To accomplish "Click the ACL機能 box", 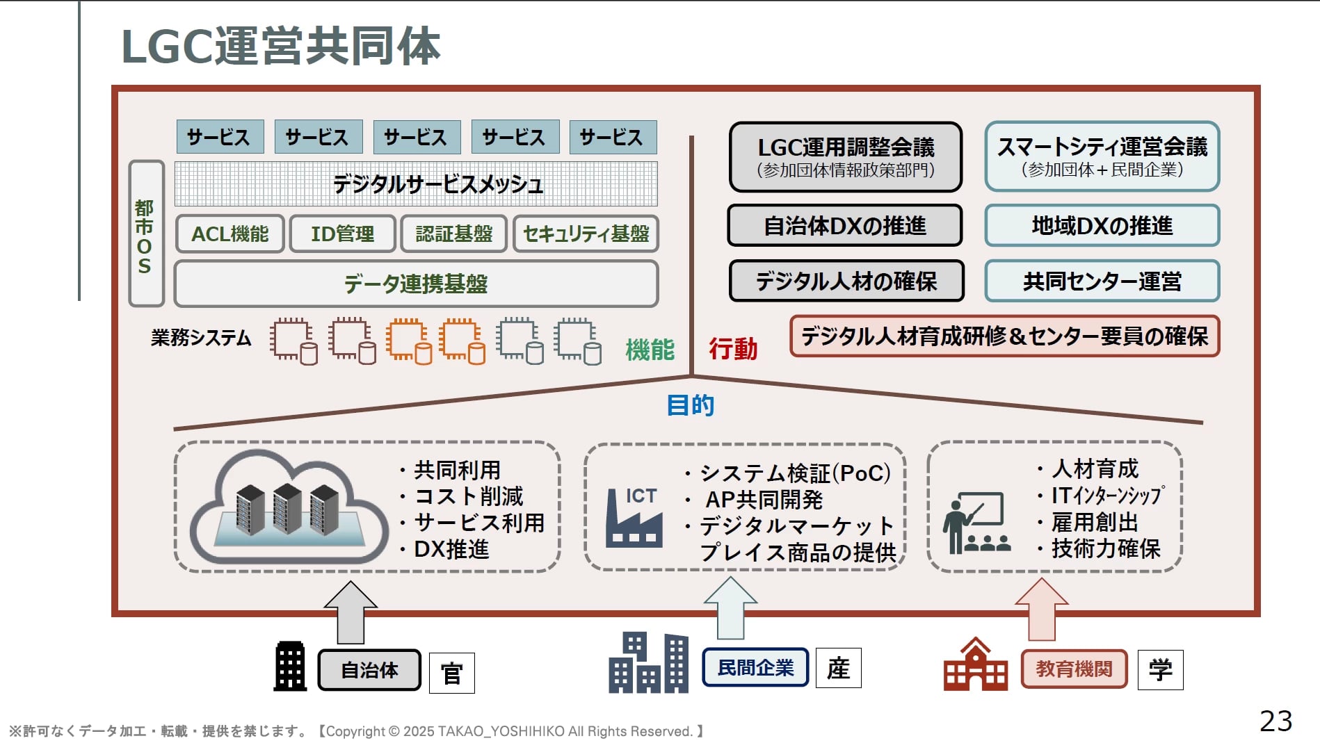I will (x=230, y=234).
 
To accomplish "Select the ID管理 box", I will (x=342, y=234).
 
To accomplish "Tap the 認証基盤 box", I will (x=453, y=234).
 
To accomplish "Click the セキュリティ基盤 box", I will (x=586, y=234).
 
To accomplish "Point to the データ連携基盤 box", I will (x=416, y=284).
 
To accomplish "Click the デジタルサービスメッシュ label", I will (x=437, y=184).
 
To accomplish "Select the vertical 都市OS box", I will (x=145, y=234).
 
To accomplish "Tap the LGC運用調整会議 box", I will (x=846, y=156).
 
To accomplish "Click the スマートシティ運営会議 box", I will (x=1102, y=156).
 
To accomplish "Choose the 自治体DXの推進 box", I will (x=845, y=226).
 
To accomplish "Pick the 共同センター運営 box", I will (x=1102, y=281).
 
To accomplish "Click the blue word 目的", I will (x=690, y=405).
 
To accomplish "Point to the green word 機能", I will (x=650, y=349).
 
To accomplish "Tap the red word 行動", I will (x=733, y=349).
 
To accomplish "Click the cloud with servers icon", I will (x=288, y=507).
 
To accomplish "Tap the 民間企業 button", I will (x=755, y=668).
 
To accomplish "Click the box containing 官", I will (x=451, y=673).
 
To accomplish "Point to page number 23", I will (x=1275, y=721).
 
